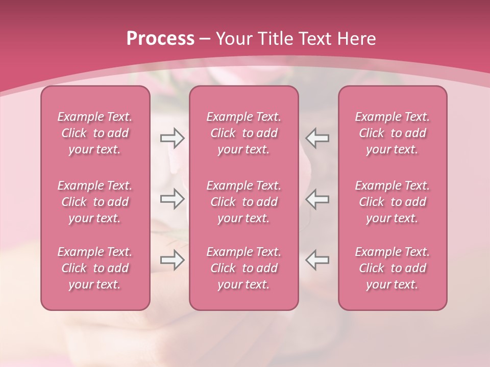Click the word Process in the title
pos(160,39)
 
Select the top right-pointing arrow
pos(172,138)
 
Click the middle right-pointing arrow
pos(172,199)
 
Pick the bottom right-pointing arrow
pos(172,260)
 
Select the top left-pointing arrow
pos(317,138)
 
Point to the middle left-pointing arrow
pos(317,199)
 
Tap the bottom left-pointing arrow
pos(317,260)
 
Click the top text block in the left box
pos(95,133)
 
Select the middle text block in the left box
pos(95,202)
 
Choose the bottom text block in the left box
pos(95,268)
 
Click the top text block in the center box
pos(243,133)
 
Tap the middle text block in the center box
pos(243,202)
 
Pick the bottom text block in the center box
pos(243,268)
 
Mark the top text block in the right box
pos(393,133)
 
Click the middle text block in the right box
pos(393,202)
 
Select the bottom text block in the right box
pos(393,268)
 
